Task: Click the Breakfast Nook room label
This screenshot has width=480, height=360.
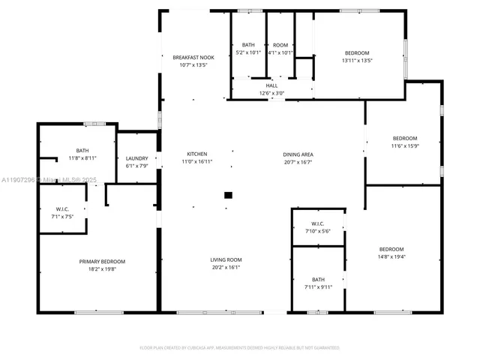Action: click(193, 58)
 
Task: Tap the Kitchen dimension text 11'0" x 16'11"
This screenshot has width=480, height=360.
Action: click(197, 162)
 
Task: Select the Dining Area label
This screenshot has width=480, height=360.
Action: click(298, 154)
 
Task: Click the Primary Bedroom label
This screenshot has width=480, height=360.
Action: click(103, 261)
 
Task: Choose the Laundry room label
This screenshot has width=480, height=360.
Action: click(136, 158)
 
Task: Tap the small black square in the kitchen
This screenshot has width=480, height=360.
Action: click(228, 196)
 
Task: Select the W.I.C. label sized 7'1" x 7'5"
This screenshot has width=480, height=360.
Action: click(63, 209)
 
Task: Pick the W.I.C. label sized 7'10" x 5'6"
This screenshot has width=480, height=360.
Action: click(318, 223)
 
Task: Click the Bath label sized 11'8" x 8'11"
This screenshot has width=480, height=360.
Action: click(82, 150)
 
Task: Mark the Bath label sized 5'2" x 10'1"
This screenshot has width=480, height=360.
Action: click(247, 45)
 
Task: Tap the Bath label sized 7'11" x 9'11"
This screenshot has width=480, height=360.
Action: click(319, 279)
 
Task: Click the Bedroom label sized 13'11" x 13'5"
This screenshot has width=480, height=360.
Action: click(356, 52)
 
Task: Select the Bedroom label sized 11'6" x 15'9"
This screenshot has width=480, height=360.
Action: click(405, 138)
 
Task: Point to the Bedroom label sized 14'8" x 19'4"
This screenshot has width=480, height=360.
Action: click(391, 249)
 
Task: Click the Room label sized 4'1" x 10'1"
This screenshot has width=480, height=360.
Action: click(280, 45)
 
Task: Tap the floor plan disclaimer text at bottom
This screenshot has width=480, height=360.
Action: click(240, 348)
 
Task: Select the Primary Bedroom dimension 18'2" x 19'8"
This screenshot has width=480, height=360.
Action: click(103, 268)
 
